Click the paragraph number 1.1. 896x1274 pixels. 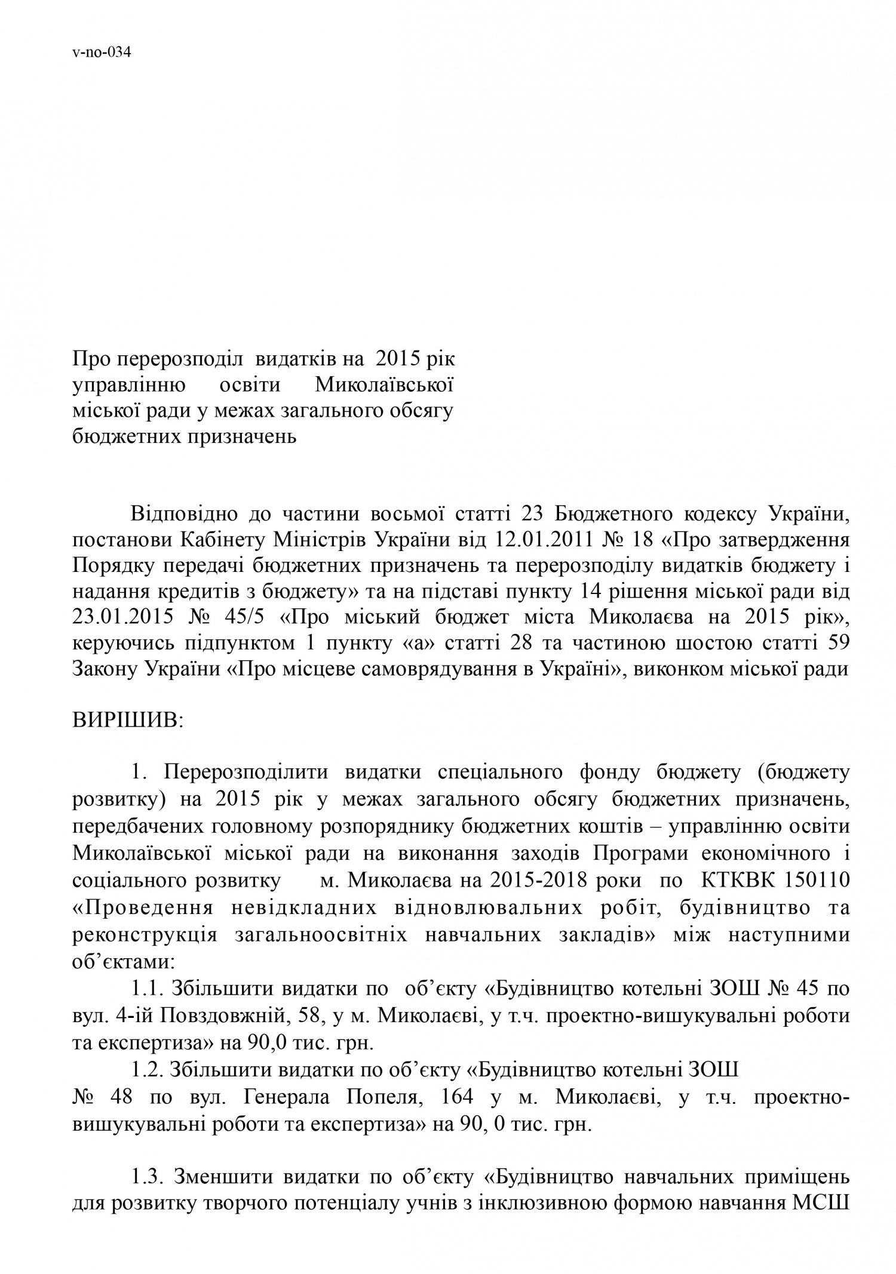(148, 989)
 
